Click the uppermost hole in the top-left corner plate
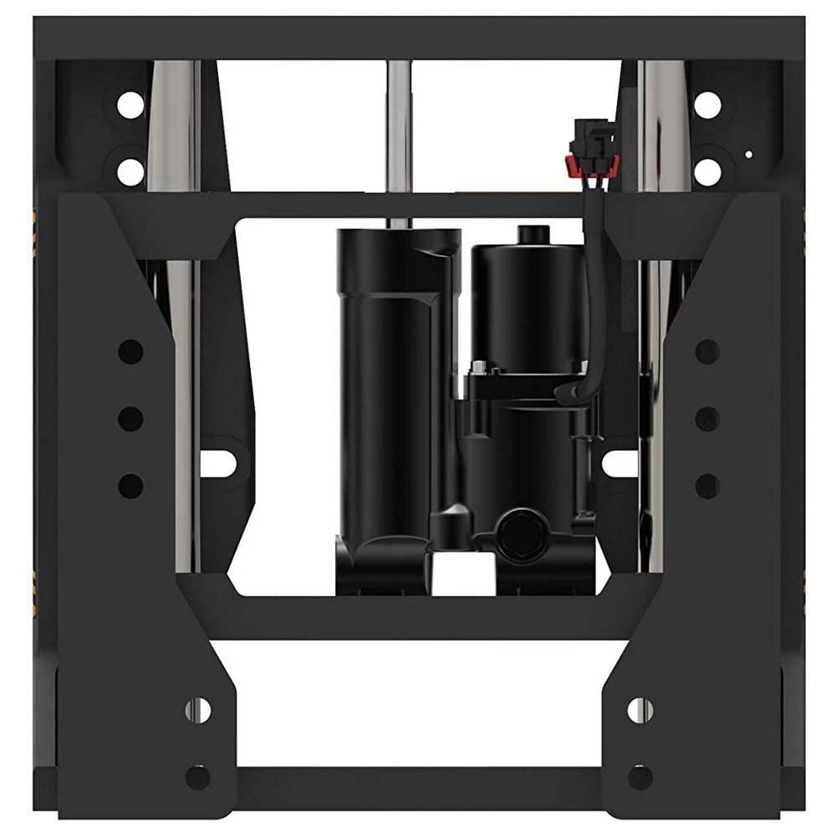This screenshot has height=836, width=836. tap(130, 104)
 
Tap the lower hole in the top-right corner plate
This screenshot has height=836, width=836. tap(707, 171)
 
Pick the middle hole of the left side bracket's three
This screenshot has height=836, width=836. tap(130, 418)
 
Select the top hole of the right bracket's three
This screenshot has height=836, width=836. tap(707, 351)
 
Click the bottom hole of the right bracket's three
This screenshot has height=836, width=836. tap(707, 486)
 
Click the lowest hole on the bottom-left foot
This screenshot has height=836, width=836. tap(197, 777)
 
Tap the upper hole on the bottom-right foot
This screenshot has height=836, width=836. tap(640, 710)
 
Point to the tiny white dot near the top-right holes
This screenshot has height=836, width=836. tap(748, 154)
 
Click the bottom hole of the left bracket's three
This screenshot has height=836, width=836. tap(130, 486)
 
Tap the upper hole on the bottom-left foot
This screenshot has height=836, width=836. tap(198, 710)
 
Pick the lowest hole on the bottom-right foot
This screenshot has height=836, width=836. tap(640, 777)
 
